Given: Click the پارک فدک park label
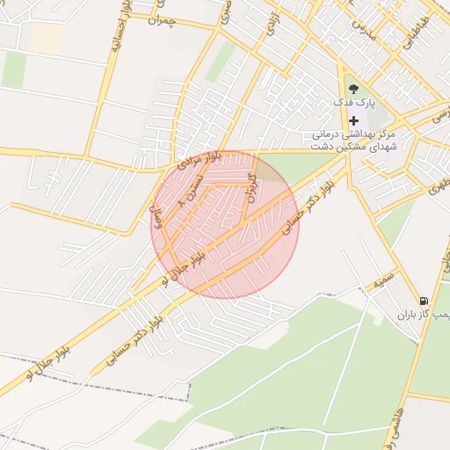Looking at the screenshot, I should click(354, 104).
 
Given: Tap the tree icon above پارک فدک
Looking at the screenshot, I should click(353, 89).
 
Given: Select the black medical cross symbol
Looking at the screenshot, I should click(354, 120).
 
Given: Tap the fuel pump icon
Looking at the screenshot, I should click(424, 301).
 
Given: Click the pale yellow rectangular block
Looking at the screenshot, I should click(47, 38).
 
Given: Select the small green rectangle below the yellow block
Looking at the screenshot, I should click(15, 69).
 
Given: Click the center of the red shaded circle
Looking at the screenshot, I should click(225, 225).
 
